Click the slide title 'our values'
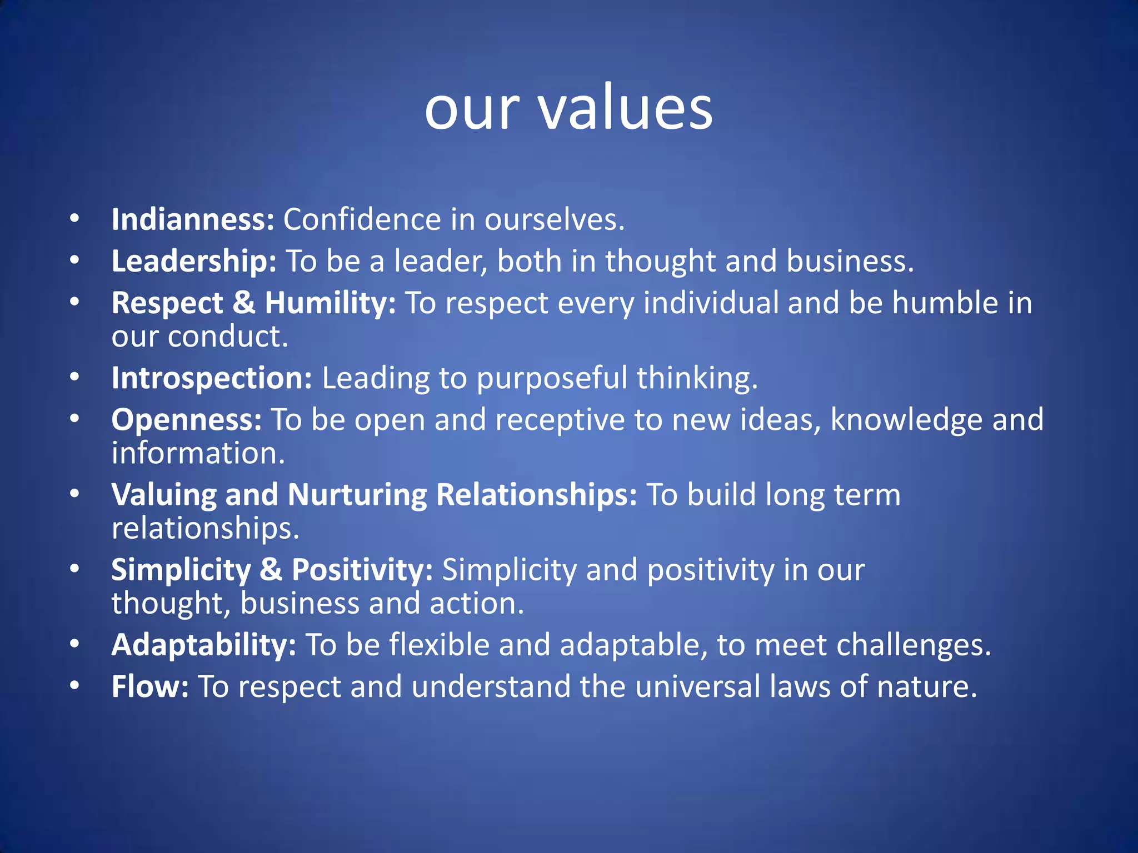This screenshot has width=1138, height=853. pos(568,108)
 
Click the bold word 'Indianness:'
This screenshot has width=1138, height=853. pos(193,219)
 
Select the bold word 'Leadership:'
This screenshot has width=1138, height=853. pos(194,261)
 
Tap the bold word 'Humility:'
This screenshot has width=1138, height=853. pos(330,303)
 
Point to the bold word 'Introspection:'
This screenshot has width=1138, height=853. pos(212,378)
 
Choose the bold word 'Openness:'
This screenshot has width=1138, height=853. pos(186,420)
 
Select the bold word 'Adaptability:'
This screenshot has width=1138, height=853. pos(203,645)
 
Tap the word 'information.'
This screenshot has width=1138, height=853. pos(198,453)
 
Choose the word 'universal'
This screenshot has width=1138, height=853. pos(697,686)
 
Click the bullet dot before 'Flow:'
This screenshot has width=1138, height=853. pos(75,686)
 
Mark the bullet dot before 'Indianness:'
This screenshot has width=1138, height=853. pos(75,219)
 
